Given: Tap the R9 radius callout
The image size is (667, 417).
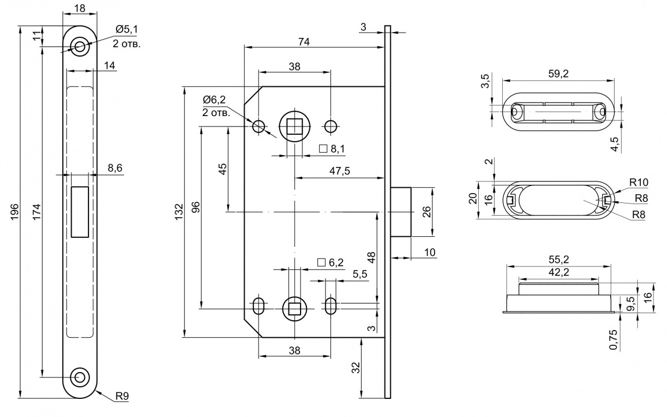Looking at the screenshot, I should pyautogui.click(x=122, y=396).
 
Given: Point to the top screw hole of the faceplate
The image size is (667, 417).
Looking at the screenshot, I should pyautogui.click(x=80, y=47).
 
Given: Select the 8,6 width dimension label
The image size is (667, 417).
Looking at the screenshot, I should pyautogui.click(x=115, y=167).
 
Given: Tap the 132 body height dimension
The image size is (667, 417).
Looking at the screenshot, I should pyautogui.click(x=179, y=212).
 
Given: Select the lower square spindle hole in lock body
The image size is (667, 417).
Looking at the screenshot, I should pyautogui.click(x=295, y=309).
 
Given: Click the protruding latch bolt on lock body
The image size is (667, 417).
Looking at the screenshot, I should pyautogui.click(x=401, y=212).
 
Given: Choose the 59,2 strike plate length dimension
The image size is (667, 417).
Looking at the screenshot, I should pyautogui.click(x=559, y=73).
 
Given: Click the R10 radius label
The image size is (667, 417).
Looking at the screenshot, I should pyautogui.click(x=639, y=183).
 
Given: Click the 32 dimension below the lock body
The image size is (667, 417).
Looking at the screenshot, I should pyautogui.click(x=356, y=367).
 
